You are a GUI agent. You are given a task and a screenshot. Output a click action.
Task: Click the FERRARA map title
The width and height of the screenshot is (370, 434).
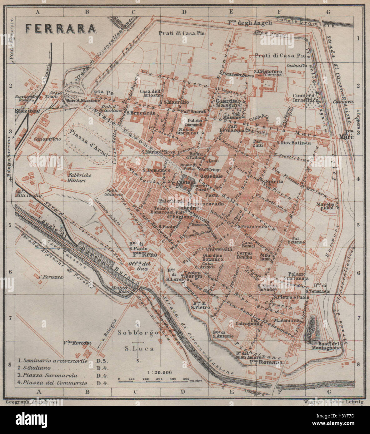pos(60,28)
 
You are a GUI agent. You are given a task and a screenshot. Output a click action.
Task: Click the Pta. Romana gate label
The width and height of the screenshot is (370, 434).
pos(266,362)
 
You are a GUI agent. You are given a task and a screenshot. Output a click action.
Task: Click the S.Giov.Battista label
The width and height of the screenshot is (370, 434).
pos(293,143)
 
